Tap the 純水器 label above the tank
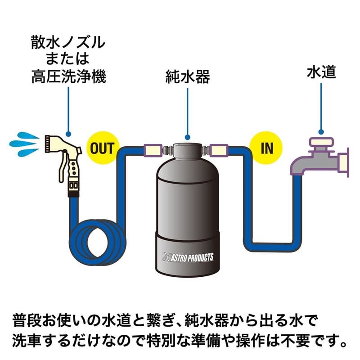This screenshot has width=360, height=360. [x=187, y=77]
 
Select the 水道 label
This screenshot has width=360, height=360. [x=321, y=72]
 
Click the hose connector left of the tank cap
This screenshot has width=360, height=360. [x=152, y=149]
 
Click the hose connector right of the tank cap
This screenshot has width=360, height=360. [x=221, y=149]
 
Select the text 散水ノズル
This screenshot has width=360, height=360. [x=68, y=44]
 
